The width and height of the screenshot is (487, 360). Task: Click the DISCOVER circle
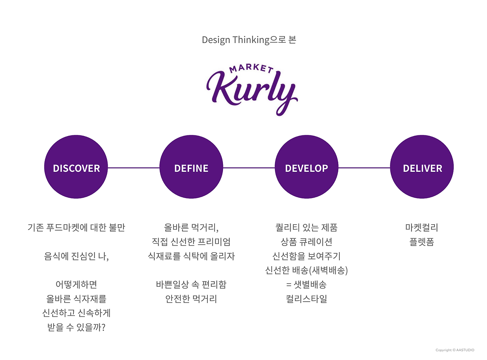76,168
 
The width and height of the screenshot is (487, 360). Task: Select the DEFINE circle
191,168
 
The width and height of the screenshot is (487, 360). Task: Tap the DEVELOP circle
306,168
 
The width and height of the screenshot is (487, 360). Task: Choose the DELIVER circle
422,168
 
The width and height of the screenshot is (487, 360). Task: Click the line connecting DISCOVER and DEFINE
134,168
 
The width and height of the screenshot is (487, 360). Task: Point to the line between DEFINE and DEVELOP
249,168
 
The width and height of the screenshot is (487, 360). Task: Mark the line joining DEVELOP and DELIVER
364,168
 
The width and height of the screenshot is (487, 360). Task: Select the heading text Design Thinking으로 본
249,40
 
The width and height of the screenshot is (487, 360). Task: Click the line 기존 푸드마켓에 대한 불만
76,228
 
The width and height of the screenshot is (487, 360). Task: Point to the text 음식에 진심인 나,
76,256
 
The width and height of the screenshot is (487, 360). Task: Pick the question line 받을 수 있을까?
76,327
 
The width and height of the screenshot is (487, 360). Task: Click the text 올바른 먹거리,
191,228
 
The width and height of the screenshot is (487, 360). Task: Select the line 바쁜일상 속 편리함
191,284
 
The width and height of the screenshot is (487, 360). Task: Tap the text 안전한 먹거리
191,299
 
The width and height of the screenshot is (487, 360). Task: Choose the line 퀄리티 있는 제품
306,228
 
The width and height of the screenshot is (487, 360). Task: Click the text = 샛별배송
306,284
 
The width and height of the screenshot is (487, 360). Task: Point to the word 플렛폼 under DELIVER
422,242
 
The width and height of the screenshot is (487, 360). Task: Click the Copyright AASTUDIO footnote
455,350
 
